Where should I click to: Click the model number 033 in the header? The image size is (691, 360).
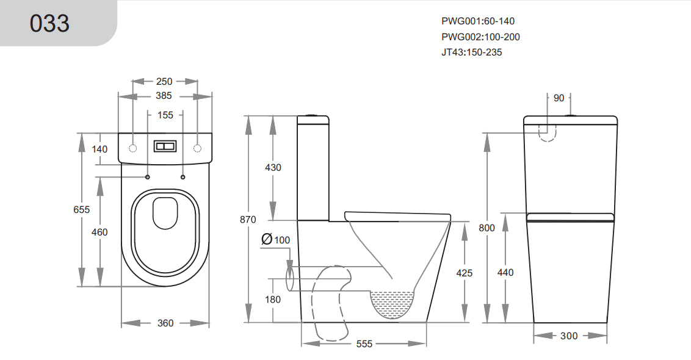pyautogui.click(x=49, y=23)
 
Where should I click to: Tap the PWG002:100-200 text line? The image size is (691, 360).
pyautogui.click(x=480, y=37)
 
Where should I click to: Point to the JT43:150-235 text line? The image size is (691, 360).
pyautogui.click(x=471, y=52)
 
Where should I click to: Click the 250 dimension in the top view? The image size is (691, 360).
pyautogui.click(x=165, y=81)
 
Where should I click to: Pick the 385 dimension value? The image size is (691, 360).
pyautogui.click(x=164, y=96)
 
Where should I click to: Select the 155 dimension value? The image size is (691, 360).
pyautogui.click(x=165, y=115)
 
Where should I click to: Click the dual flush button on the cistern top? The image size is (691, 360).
pyautogui.click(x=165, y=147)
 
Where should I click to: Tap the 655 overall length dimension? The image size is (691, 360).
pyautogui.click(x=81, y=209)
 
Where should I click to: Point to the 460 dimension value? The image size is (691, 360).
pyautogui.click(x=99, y=232)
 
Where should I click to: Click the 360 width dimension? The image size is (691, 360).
pyautogui.click(x=165, y=323)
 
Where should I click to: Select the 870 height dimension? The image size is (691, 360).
pyautogui.click(x=248, y=219)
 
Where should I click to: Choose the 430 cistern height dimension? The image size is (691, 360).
pyautogui.click(x=273, y=167)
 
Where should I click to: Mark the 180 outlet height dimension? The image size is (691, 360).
pyautogui.click(x=273, y=299)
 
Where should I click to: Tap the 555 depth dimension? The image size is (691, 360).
pyautogui.click(x=364, y=344)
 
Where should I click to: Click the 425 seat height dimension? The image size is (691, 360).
pyautogui.click(x=465, y=273)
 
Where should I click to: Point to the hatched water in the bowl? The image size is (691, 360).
pyautogui.click(x=392, y=302)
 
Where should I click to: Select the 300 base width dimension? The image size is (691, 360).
pyautogui.click(x=568, y=336)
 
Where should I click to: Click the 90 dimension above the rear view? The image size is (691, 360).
pyautogui.click(x=559, y=98)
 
